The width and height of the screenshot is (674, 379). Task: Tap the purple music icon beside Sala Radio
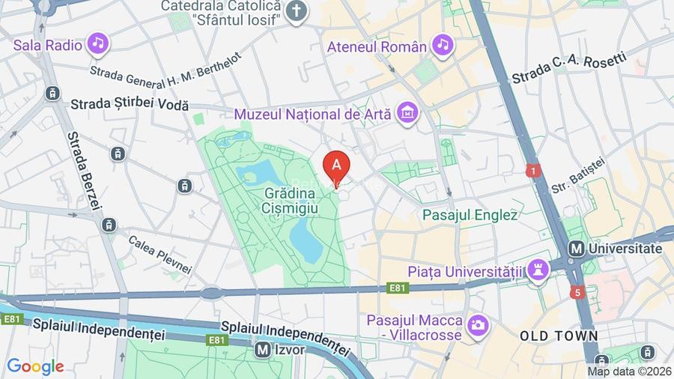97,44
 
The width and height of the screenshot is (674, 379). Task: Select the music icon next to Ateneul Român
443,46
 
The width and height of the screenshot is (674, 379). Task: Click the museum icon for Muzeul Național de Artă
409,113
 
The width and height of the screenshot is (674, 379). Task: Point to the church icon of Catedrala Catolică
298,11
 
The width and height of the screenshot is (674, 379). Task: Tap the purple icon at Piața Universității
537,270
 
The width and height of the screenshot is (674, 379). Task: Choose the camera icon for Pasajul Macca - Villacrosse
477,325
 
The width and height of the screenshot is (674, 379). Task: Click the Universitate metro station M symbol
577,248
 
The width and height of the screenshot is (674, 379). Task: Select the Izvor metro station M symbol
262,348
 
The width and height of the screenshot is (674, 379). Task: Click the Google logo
35,366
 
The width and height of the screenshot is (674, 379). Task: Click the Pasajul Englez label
470,215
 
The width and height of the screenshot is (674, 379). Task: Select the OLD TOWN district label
559,336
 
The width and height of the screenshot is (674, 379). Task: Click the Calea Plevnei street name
160,254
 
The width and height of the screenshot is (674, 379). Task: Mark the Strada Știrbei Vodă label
130,106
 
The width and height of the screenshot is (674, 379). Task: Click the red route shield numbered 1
532,171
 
